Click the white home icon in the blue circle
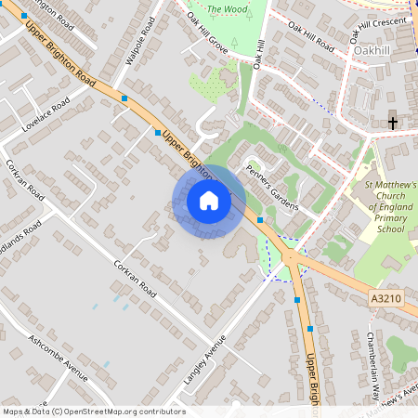tap(209, 201)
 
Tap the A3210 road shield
tap(385, 297)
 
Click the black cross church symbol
tap(392, 122)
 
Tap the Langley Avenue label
tap(205, 359)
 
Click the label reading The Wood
tap(226, 10)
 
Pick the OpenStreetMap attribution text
tap(94, 411)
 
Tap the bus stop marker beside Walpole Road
tap(124, 98)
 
